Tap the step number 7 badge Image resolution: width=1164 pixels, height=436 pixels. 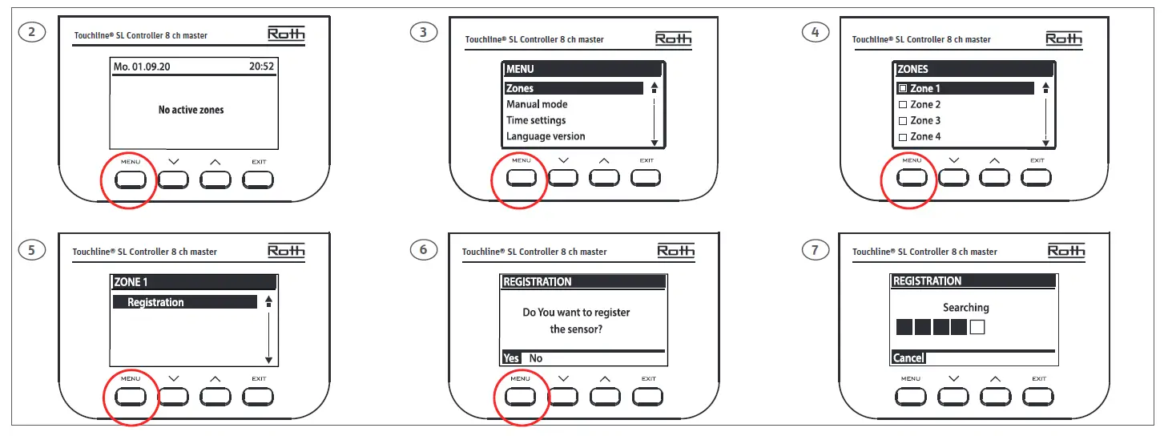click(x=815, y=250)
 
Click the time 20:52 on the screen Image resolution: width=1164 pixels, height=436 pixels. click(x=262, y=67)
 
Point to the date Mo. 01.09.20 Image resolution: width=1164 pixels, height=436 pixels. click(x=142, y=67)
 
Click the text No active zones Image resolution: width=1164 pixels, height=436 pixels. click(x=191, y=110)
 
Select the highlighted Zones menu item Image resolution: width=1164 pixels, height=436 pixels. click(x=520, y=88)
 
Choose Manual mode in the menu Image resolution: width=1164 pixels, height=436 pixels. click(x=537, y=104)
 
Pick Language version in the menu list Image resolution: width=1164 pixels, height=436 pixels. click(x=546, y=136)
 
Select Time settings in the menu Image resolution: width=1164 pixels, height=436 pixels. click(x=536, y=120)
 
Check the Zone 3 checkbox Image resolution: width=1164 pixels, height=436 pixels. click(x=903, y=121)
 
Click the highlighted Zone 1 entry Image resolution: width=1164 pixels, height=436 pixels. click(x=925, y=88)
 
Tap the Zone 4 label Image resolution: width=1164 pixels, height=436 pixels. click(x=925, y=137)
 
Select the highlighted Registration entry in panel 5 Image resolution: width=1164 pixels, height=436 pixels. click(x=155, y=302)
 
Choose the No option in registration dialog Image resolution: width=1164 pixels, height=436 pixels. click(x=536, y=358)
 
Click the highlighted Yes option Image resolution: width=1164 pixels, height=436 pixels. click(x=511, y=358)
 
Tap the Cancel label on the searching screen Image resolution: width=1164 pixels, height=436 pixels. click(x=908, y=358)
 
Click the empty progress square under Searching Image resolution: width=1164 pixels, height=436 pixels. click(x=977, y=327)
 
